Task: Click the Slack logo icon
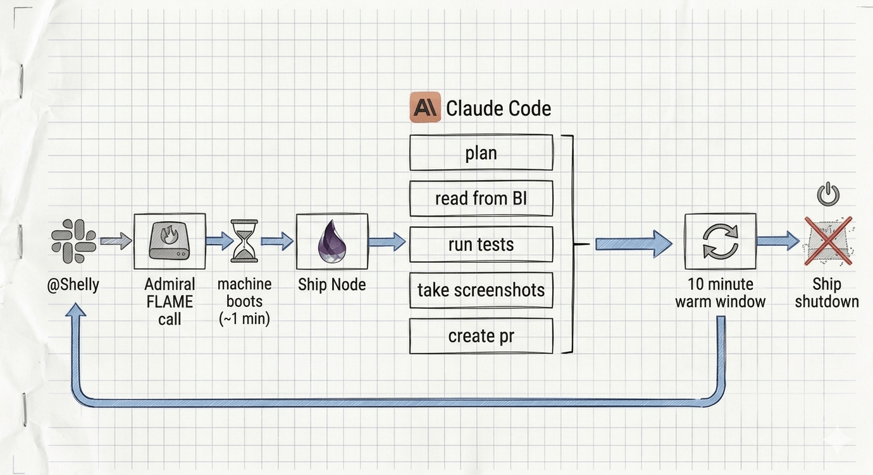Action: tap(73, 241)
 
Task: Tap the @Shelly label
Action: tap(73, 285)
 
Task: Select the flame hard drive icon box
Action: tap(170, 241)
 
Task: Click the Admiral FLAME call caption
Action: tap(170, 301)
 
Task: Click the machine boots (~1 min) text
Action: tap(245, 301)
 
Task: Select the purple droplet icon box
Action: tap(332, 241)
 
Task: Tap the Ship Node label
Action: tap(332, 285)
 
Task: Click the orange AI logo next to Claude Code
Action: tap(425, 107)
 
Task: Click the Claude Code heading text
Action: tap(498, 109)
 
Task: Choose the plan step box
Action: tap(481, 153)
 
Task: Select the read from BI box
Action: tap(481, 198)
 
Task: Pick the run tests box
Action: tap(481, 244)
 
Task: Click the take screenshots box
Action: tap(481, 290)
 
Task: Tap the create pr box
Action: tap(481, 336)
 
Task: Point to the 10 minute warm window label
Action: tap(720, 293)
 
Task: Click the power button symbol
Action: tap(827, 194)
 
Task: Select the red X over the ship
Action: tap(827, 241)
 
